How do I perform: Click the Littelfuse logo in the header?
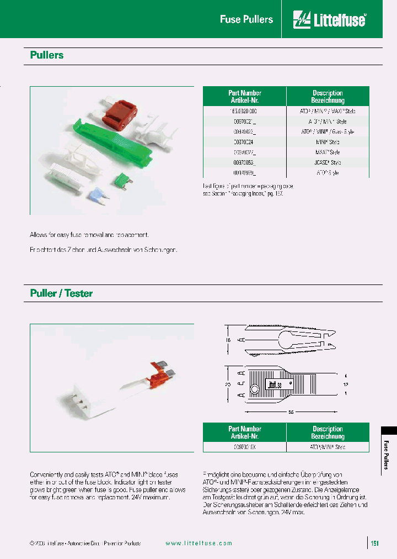click(x=330, y=20)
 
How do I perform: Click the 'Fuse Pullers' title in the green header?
click(x=246, y=19)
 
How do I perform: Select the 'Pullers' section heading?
click(x=47, y=55)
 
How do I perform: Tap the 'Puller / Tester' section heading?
click(x=61, y=293)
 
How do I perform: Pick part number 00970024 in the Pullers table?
click(x=244, y=142)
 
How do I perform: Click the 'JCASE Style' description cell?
click(x=328, y=162)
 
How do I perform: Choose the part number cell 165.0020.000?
click(x=244, y=111)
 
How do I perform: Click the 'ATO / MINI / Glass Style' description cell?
click(x=328, y=131)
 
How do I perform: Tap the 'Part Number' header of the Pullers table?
click(x=244, y=97)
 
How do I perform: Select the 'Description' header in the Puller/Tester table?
click(x=328, y=432)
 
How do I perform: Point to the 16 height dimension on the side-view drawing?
click(x=229, y=341)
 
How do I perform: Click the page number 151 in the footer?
click(x=375, y=543)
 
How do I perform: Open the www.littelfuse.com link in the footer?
click(x=198, y=543)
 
